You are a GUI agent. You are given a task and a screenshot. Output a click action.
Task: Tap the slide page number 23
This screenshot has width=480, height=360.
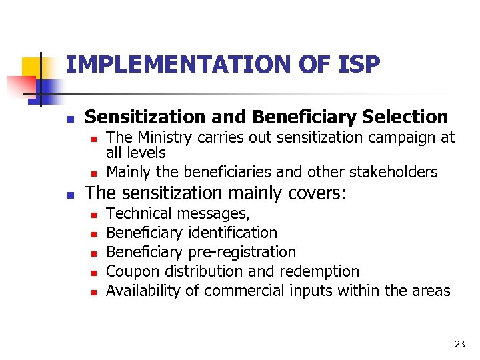pyautogui.click(x=459, y=344)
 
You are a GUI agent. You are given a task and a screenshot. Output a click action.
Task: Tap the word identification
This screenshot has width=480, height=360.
pyautogui.click(x=233, y=233)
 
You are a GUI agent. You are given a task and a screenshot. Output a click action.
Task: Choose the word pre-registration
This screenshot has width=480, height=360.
pyautogui.click(x=243, y=253)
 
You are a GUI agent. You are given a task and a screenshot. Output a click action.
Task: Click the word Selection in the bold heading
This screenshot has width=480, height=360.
pyautogui.click(x=405, y=117)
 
